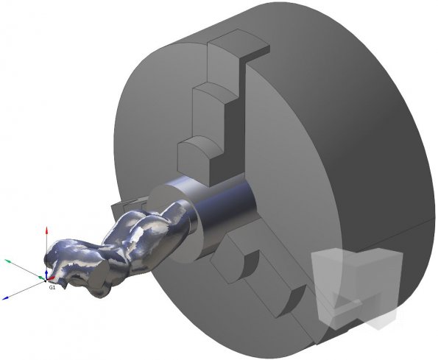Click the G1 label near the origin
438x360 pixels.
[52, 287]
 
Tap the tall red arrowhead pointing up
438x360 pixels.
[47, 230]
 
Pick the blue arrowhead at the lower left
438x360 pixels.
[6, 298]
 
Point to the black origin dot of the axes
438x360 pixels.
[46, 280]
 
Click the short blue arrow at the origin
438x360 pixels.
[46, 275]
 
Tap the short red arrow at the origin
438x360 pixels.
[51, 278]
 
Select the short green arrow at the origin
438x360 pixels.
[42, 278]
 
